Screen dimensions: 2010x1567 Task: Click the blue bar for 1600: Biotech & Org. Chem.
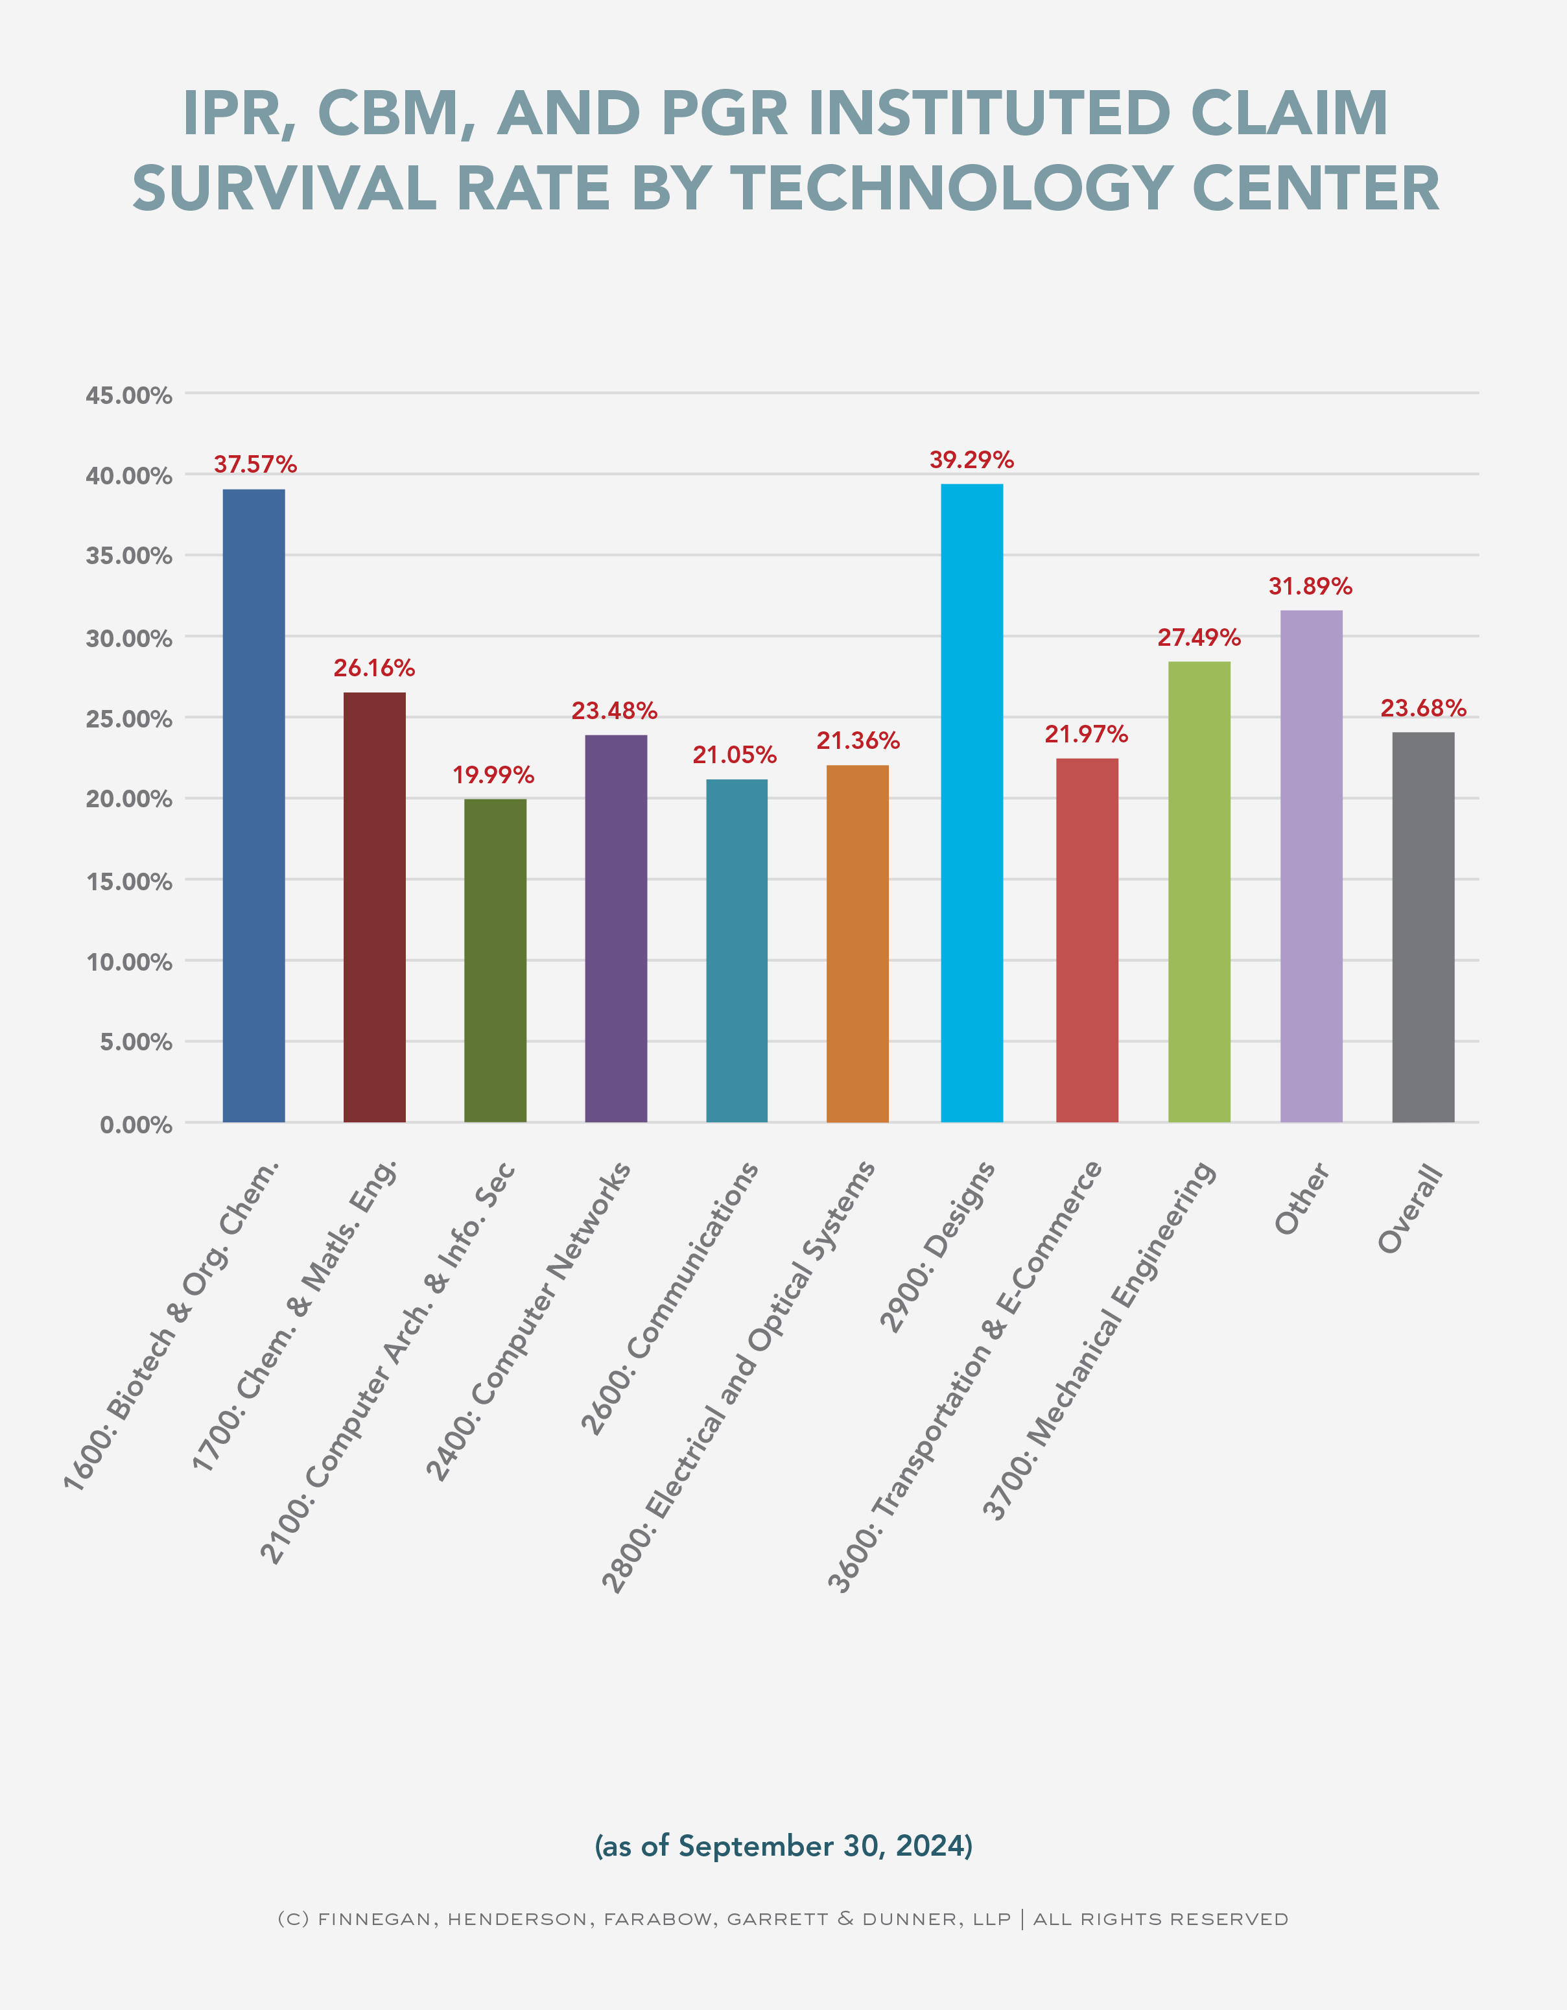254,805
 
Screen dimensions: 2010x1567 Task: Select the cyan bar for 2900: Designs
972,803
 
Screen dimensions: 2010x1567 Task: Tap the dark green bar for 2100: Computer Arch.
495,960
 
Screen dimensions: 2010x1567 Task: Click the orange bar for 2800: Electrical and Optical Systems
858,943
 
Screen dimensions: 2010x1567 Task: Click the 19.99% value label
493,775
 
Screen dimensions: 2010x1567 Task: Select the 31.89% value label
1310,586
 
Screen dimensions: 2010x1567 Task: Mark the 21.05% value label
735,755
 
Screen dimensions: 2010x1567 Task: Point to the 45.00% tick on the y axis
129,395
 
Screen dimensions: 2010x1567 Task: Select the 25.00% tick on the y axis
129,719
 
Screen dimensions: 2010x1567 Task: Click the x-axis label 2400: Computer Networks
528,1321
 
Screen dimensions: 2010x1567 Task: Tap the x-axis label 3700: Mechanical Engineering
1100,1340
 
